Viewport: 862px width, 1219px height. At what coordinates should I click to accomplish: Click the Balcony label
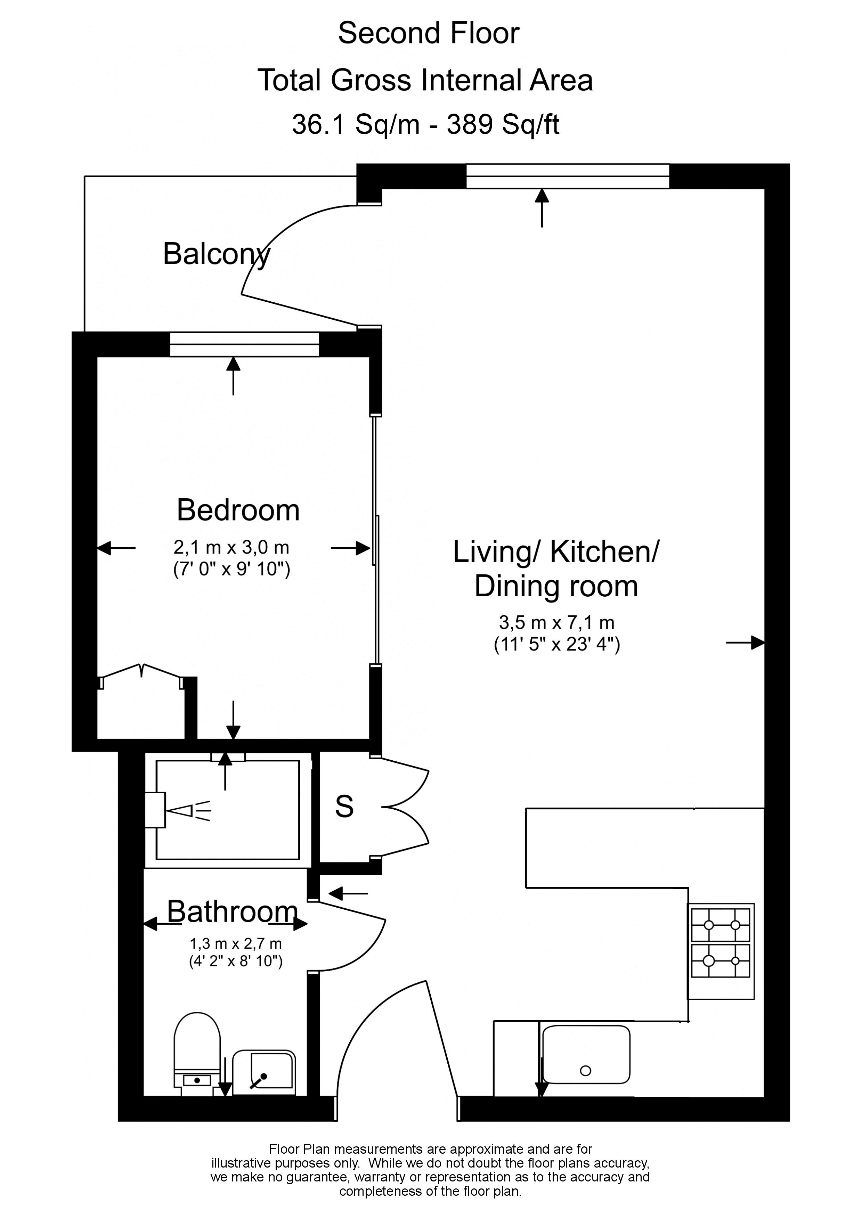[x=216, y=255]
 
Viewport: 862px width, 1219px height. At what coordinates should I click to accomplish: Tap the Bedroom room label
[x=238, y=510]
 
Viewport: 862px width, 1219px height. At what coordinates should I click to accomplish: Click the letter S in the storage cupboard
[x=344, y=807]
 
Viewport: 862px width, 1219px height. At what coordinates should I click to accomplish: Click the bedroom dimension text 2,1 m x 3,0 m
[x=231, y=547]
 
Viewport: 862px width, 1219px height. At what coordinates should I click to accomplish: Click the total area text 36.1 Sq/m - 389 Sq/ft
[x=425, y=125]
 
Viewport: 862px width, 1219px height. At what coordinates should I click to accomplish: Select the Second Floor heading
[x=429, y=33]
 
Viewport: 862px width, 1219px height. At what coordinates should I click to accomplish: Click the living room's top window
[x=568, y=176]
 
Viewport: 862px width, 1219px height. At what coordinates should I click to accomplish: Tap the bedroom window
[x=244, y=344]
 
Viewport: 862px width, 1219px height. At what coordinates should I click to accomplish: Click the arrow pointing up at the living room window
[x=542, y=208]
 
